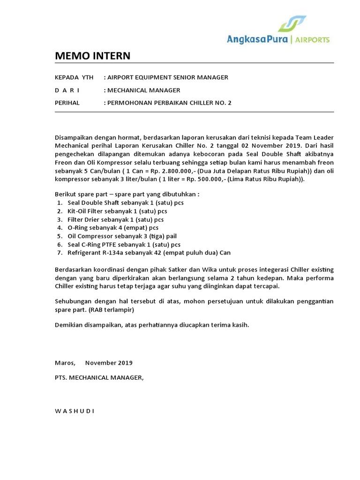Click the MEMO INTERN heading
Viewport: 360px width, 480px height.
click(x=93, y=56)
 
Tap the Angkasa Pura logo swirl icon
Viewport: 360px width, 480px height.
click(x=292, y=23)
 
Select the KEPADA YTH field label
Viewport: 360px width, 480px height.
click(x=74, y=77)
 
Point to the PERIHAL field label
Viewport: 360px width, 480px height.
click(x=67, y=103)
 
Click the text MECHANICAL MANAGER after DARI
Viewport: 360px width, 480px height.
click(x=143, y=90)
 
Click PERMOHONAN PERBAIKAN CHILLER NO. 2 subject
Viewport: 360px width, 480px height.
click(x=169, y=103)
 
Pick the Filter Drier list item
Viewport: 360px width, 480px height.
click(x=116, y=219)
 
